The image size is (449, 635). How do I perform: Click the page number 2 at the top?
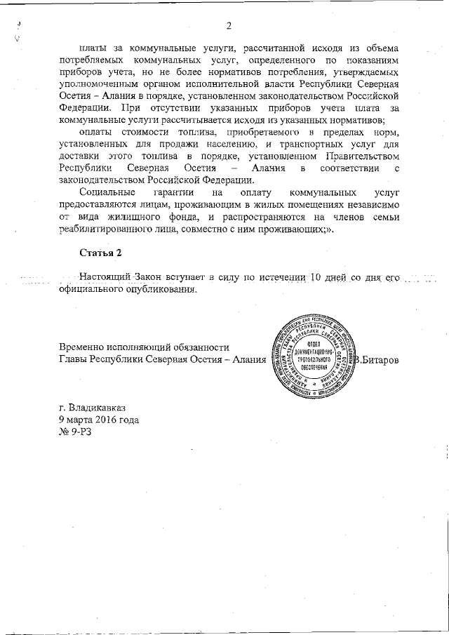tap(229, 27)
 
